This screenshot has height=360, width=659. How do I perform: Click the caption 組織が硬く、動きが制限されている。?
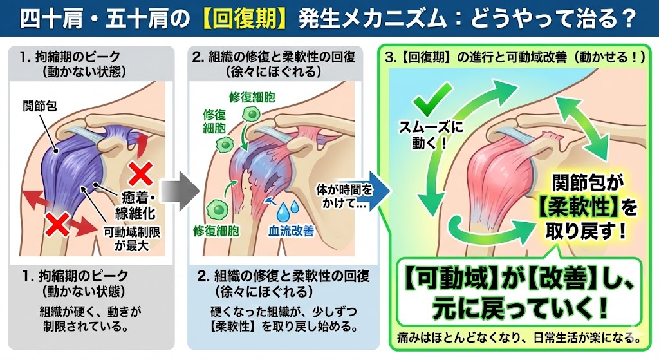pyautogui.click(x=89, y=317)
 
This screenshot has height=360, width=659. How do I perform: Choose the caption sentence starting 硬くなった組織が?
pyautogui.click(x=283, y=317)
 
